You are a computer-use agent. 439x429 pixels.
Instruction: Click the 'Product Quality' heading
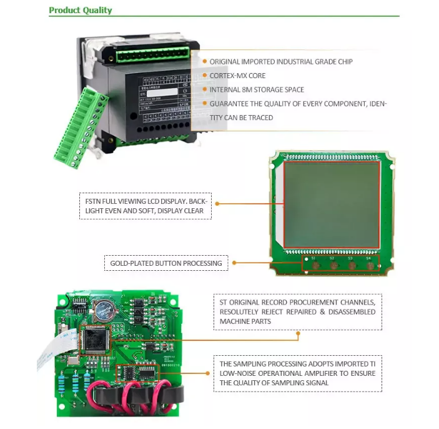(x=81, y=10)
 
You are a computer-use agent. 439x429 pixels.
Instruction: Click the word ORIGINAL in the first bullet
(x=225, y=62)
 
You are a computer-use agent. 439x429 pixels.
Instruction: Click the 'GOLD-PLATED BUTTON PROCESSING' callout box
(x=166, y=263)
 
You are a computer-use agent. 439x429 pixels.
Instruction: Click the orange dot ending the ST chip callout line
(x=298, y=334)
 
